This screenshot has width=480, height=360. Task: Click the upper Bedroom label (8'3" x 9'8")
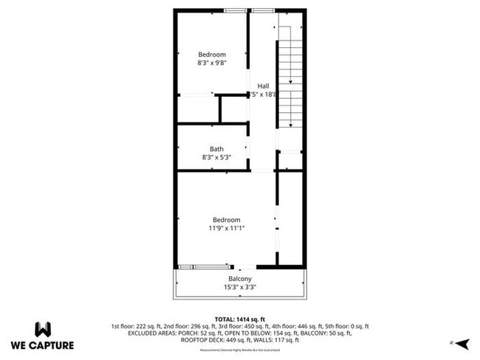coord(212,55)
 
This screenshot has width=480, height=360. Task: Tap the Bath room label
coord(216,149)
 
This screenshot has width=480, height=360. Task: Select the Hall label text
coord(263,86)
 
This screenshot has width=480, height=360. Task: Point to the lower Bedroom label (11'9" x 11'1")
coord(227,220)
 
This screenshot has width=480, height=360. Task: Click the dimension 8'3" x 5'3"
coord(216,157)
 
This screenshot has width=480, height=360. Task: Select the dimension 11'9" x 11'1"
coord(227,228)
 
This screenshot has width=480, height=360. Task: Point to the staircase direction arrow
coord(291,81)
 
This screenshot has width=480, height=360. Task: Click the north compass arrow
coord(462,343)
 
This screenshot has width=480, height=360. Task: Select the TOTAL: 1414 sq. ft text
coord(240,319)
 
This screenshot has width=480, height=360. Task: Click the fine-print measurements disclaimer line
coord(240,350)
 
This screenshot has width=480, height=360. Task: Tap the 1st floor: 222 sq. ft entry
coord(138,326)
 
